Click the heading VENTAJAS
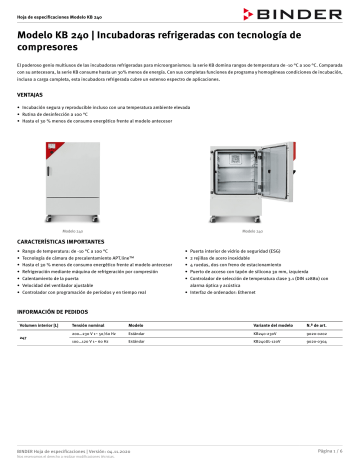click(x=30, y=92)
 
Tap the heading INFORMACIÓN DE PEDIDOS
click(x=56, y=313)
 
